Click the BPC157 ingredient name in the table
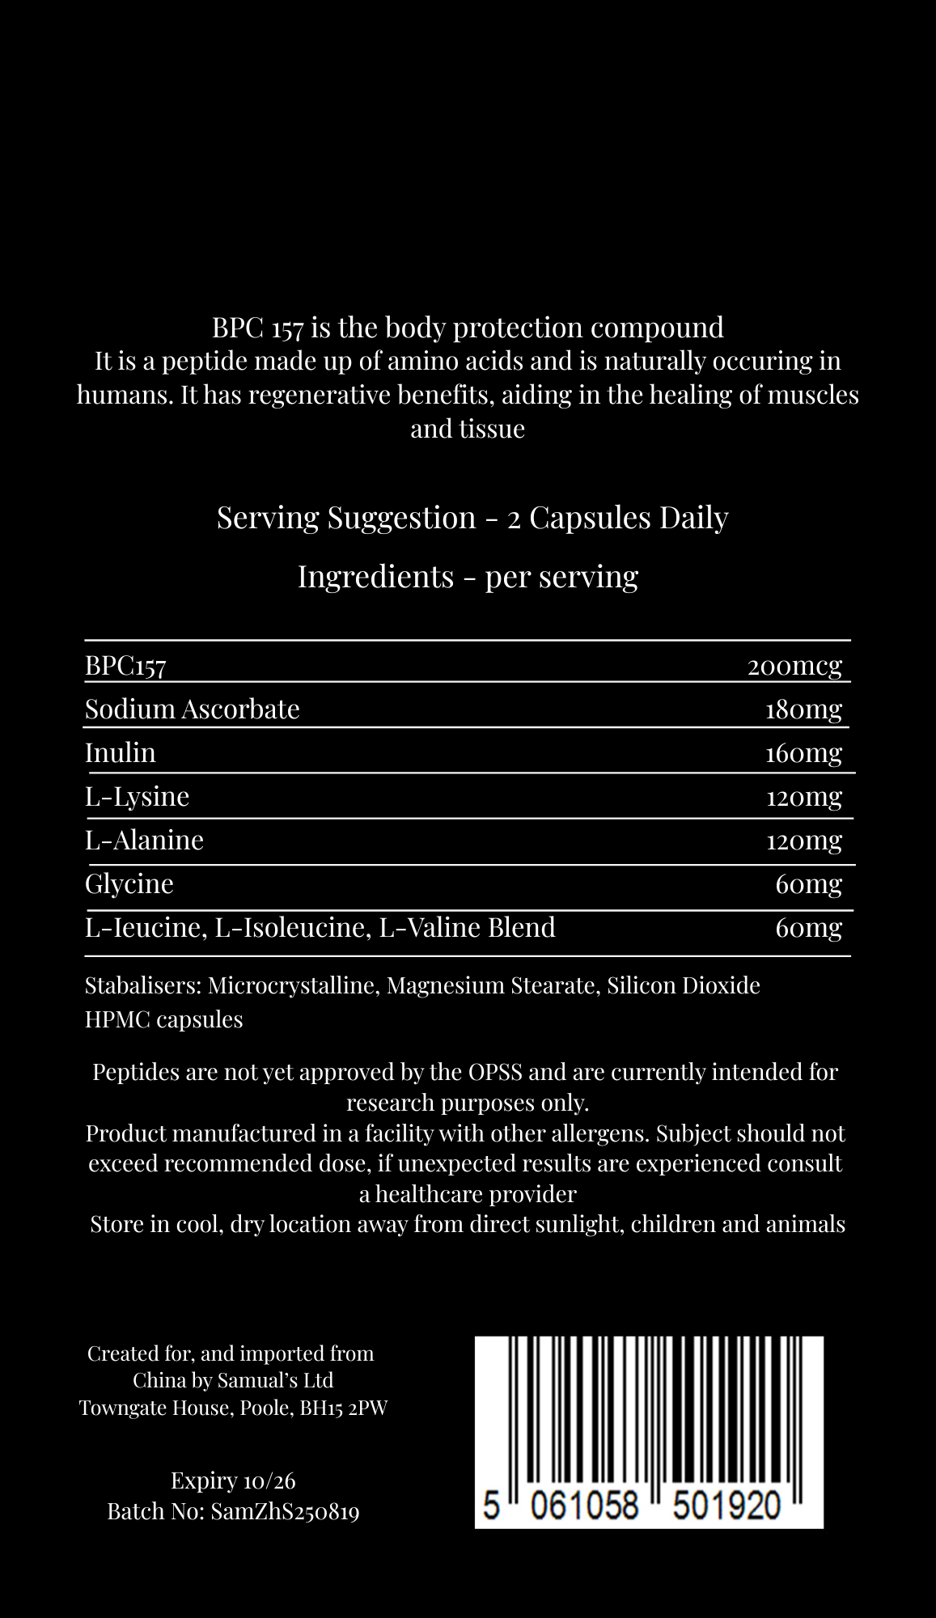pyautogui.click(x=125, y=666)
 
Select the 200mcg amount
pyautogui.click(x=794, y=666)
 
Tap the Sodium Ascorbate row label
pyautogui.click(x=192, y=709)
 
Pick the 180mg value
pyautogui.click(x=803, y=709)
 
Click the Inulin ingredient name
pyautogui.click(x=120, y=752)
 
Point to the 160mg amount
pyautogui.click(x=803, y=753)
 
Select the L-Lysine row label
pyautogui.click(x=137, y=797)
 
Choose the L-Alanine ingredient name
pyautogui.click(x=144, y=840)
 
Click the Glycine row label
pyautogui.click(x=129, y=883)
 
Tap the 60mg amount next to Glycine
pyautogui.click(x=808, y=883)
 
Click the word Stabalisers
pyautogui.click(x=142, y=985)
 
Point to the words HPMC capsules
pyautogui.click(x=163, y=1019)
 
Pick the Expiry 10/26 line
pyautogui.click(x=233, y=1480)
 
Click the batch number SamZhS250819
pyautogui.click(x=285, y=1511)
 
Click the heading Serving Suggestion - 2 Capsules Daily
pyautogui.click(x=472, y=518)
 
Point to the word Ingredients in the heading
pyautogui.click(x=375, y=577)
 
